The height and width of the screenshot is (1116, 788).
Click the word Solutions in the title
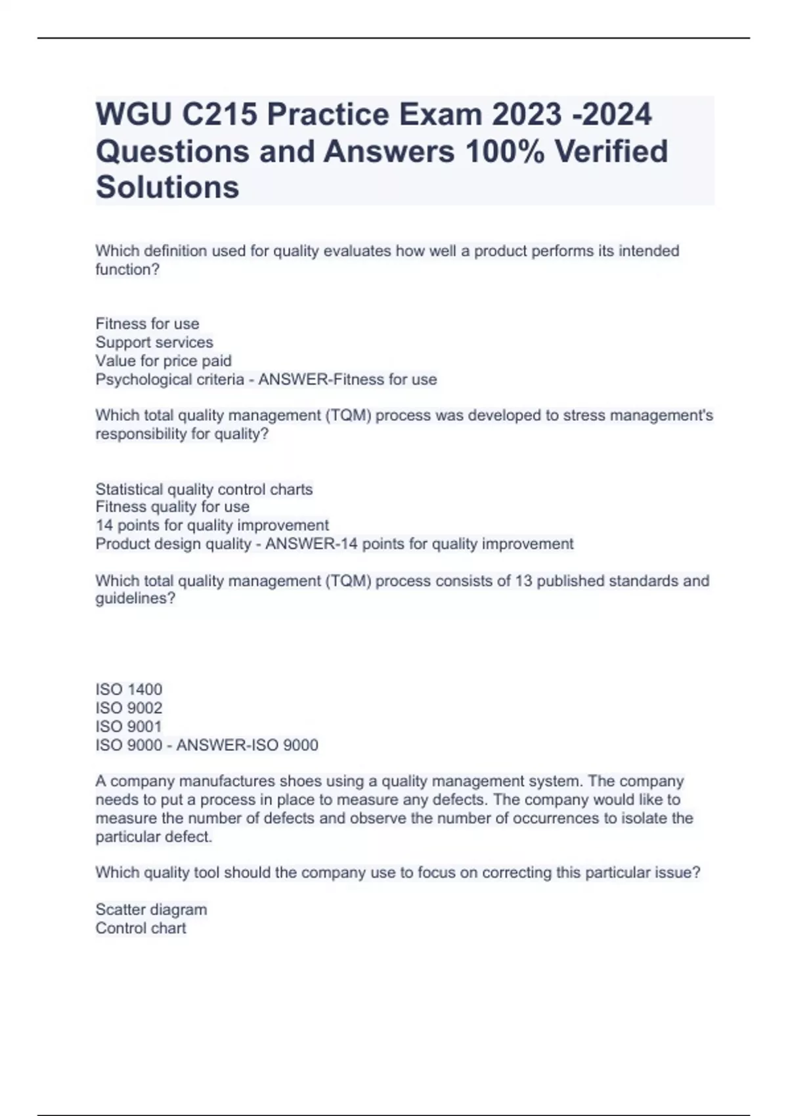pos(167,187)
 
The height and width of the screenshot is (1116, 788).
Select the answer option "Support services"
pos(154,342)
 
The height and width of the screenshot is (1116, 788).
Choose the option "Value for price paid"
pos(164,360)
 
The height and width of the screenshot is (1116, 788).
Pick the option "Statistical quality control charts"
pos(204,489)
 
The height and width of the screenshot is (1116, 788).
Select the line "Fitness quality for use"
pos(172,507)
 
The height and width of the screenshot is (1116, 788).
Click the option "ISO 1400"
pos(129,689)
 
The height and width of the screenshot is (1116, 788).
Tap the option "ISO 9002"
pos(129,708)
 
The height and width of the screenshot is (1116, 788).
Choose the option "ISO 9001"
pos(129,726)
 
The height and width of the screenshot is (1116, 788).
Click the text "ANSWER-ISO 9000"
pos(248,745)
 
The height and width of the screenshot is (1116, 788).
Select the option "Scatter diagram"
pos(151,909)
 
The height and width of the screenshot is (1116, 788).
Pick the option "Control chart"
pos(141,928)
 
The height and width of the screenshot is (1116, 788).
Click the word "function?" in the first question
pos(127,269)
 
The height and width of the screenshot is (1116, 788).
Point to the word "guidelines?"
pos(135,599)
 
